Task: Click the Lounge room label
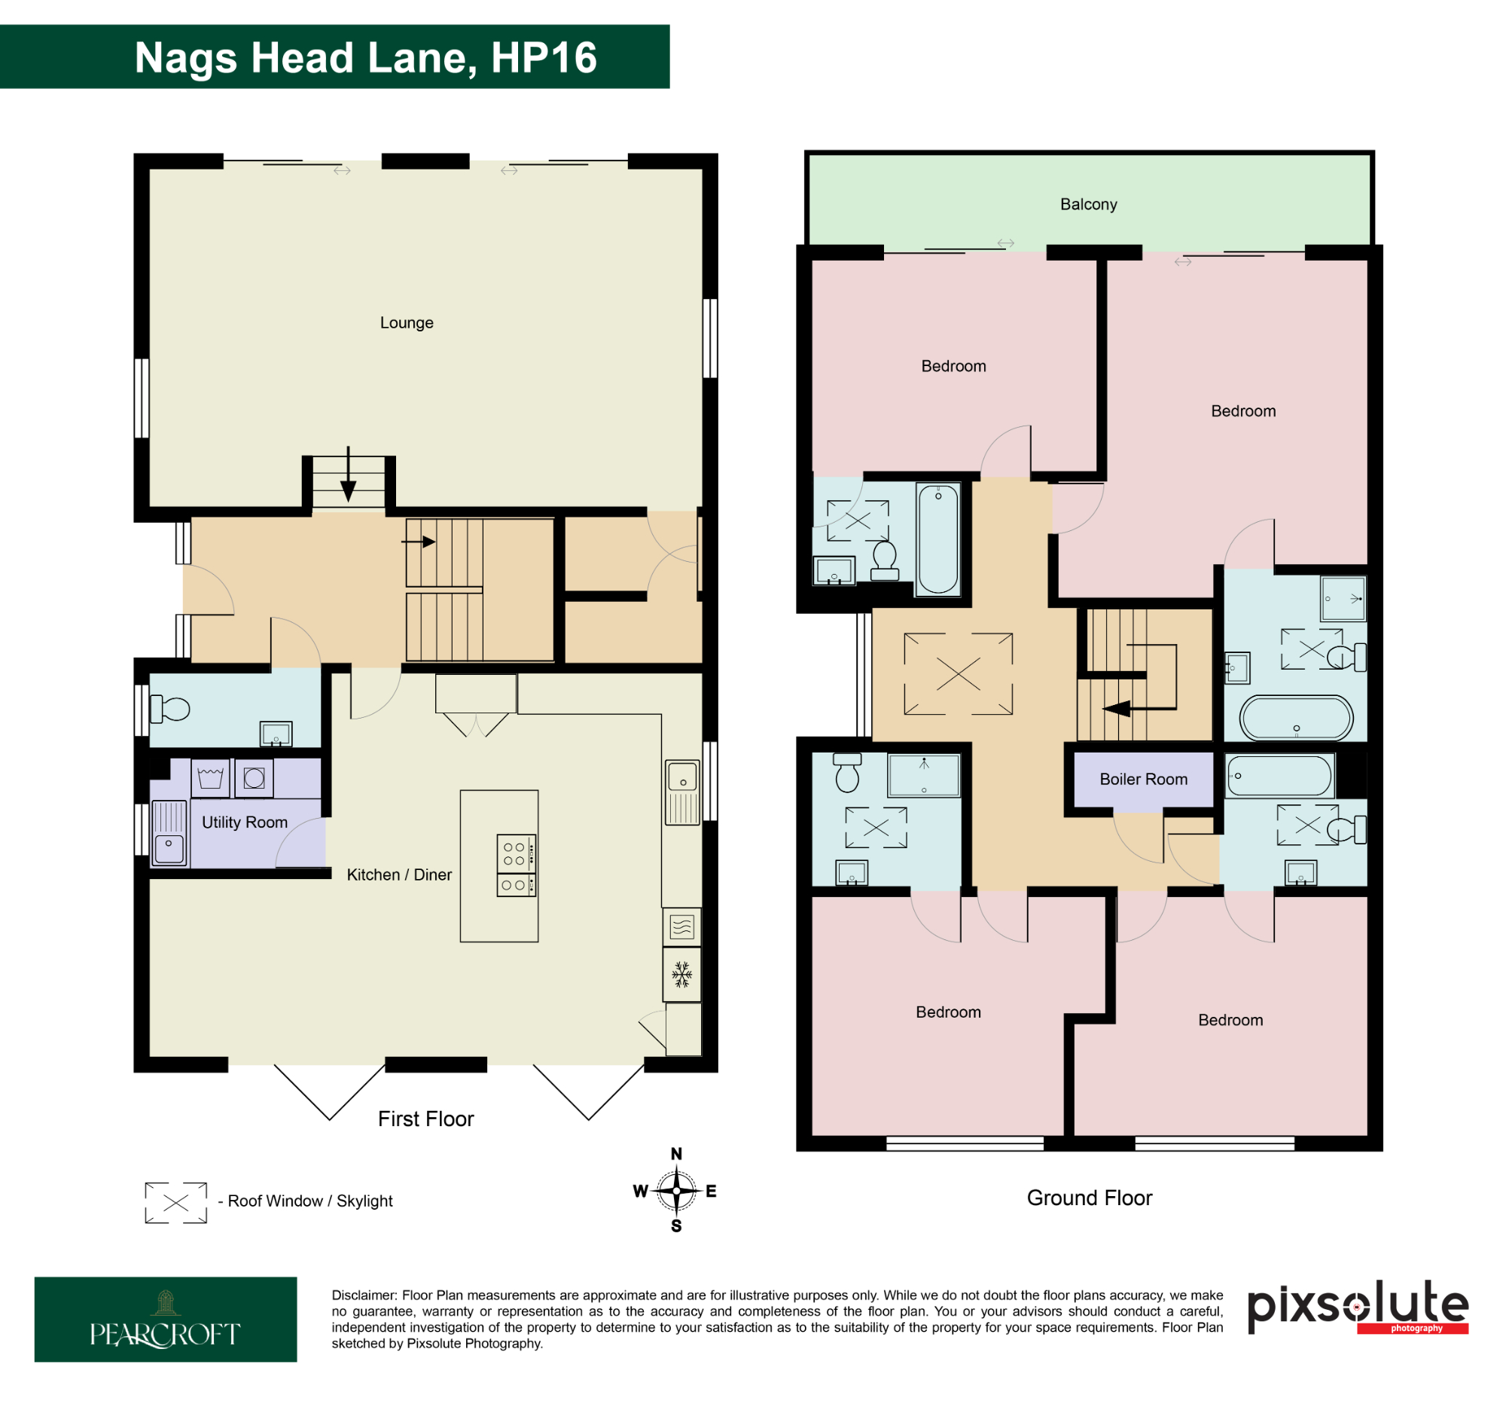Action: (407, 323)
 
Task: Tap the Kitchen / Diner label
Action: (399, 874)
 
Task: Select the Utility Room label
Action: (245, 822)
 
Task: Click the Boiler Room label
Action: (1143, 779)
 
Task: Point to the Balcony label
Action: (1089, 205)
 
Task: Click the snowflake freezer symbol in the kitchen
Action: (681, 975)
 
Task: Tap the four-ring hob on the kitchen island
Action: (515, 854)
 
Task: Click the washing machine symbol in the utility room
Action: (254, 778)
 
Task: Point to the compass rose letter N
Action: (676, 1153)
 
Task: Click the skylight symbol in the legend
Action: (175, 1202)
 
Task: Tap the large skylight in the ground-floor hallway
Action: (959, 673)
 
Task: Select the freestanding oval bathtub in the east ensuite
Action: (1296, 718)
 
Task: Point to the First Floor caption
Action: (425, 1119)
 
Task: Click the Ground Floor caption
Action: (1090, 1198)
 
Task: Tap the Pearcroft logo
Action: (165, 1319)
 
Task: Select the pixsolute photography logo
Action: (1358, 1306)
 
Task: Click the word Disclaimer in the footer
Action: (364, 1296)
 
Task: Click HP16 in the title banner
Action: (544, 57)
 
